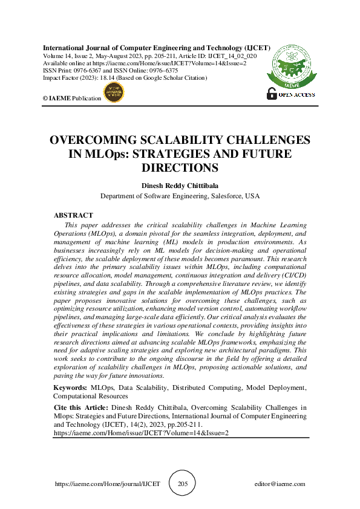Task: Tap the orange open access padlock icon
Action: (272, 94)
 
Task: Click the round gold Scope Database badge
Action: (115, 93)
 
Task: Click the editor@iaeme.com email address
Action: (280, 484)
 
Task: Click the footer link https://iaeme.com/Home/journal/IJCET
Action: (107, 484)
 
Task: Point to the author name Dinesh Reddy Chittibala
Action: (180, 186)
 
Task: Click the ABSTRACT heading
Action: (73, 215)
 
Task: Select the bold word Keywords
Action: (70, 387)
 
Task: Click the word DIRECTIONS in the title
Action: (180, 167)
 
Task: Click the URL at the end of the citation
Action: (141, 433)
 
